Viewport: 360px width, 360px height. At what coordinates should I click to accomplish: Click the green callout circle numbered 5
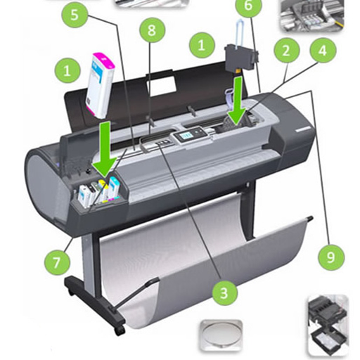pyautogui.click(x=75, y=15)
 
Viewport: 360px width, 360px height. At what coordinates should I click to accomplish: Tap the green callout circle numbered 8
pyautogui.click(x=152, y=30)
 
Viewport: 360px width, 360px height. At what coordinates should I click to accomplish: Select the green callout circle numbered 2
pyautogui.click(x=286, y=51)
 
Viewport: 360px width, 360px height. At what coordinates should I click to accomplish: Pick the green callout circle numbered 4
pyautogui.click(x=323, y=50)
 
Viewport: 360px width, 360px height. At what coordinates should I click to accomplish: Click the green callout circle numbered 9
pyautogui.click(x=331, y=257)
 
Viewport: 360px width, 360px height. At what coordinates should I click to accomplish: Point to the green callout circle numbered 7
pyautogui.click(x=57, y=262)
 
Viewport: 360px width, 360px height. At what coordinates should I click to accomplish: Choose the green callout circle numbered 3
pyautogui.click(x=224, y=292)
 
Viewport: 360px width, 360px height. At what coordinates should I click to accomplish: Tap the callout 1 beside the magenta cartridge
pyautogui.click(x=67, y=70)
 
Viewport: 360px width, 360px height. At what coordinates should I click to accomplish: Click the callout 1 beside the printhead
pyautogui.click(x=202, y=45)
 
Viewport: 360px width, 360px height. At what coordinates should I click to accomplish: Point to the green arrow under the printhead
pyautogui.click(x=238, y=101)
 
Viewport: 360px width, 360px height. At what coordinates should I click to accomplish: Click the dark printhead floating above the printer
pyautogui.click(x=241, y=56)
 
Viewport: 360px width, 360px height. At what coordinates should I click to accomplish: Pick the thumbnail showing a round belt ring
pyautogui.click(x=221, y=335)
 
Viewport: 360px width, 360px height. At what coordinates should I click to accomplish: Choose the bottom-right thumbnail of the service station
pyautogui.click(x=328, y=326)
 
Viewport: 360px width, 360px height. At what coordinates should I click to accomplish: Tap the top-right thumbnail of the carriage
pyautogui.click(x=312, y=15)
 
